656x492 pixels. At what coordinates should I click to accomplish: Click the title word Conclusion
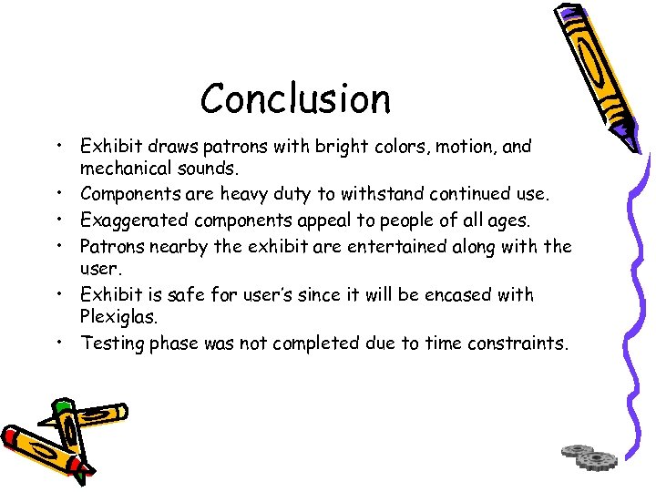pyautogui.click(x=295, y=98)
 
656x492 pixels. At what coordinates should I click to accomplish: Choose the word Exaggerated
pyautogui.click(x=136, y=220)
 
